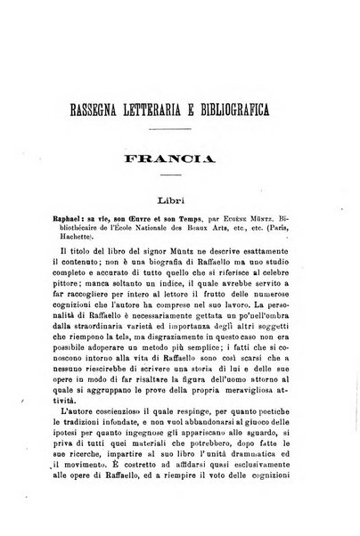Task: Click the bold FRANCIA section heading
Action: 178,164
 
